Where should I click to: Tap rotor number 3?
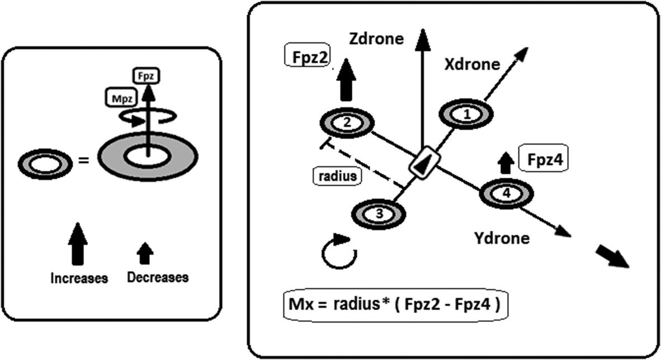379,213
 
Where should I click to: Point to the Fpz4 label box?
547,160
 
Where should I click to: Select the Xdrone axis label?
472,64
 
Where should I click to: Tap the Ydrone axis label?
502,238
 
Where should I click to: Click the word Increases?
79,278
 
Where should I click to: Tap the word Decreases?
157,277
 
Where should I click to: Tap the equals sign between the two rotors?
83,162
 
